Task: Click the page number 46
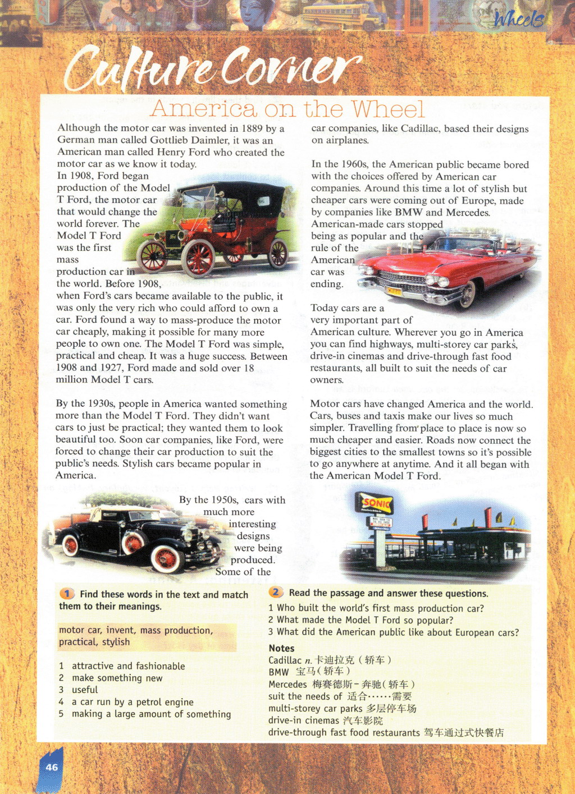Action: click(52, 767)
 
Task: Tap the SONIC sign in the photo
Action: click(376, 503)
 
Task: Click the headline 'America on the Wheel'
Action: click(287, 108)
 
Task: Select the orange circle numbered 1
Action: click(67, 594)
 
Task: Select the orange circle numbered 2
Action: click(276, 593)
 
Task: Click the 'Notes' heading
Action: click(281, 648)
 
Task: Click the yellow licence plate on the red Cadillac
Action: click(394, 291)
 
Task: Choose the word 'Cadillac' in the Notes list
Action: click(285, 660)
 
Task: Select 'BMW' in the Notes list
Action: click(279, 672)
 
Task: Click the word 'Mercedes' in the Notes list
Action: click(287, 684)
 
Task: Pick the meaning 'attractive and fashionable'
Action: click(128, 666)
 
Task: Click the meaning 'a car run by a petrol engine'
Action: click(133, 702)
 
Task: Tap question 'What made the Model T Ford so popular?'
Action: click(365, 620)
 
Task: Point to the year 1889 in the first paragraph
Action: click(252, 128)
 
